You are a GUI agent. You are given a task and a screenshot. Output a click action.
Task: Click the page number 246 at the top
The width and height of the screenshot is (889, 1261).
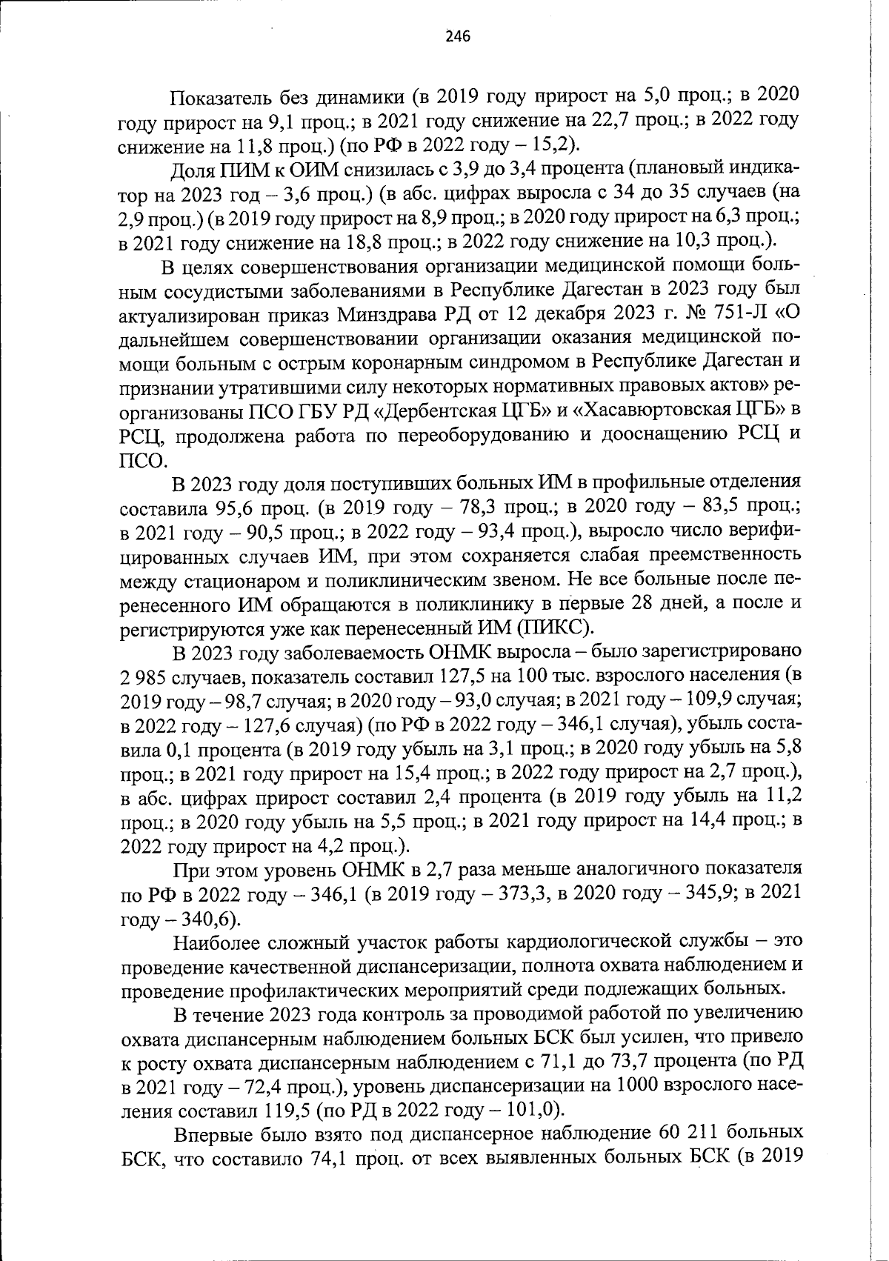[x=458, y=36]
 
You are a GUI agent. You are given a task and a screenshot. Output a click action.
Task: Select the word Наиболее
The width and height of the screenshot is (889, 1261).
[x=214, y=942]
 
